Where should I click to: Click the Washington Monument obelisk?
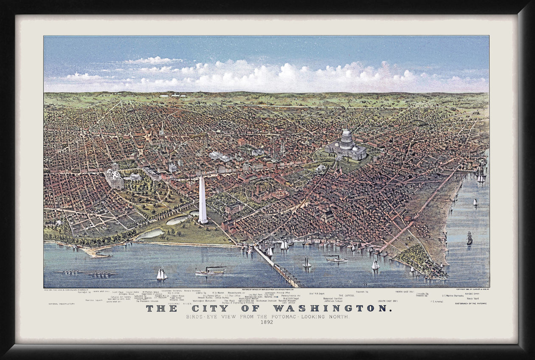pyautogui.click(x=203, y=200)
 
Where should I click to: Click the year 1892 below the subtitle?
pyautogui.click(x=267, y=322)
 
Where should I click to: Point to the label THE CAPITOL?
pyautogui.click(x=346, y=295)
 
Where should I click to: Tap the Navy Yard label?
pyautogui.click(x=473, y=298)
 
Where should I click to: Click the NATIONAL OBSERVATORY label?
pyautogui.click(x=62, y=304)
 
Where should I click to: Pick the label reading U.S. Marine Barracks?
pyautogui.click(x=453, y=295)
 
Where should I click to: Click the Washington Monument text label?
pyautogui.click(x=204, y=301)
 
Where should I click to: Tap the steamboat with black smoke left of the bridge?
pyautogui.click(x=210, y=271)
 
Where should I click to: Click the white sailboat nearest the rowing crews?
pyautogui.click(x=162, y=275)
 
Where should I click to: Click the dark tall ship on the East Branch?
pyautogui.click(x=470, y=239)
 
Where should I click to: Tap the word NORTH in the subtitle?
pyautogui.click(x=338, y=317)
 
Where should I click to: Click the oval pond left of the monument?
pyautogui.click(x=177, y=220)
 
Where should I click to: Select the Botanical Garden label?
pyautogui.click(x=332, y=298)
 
